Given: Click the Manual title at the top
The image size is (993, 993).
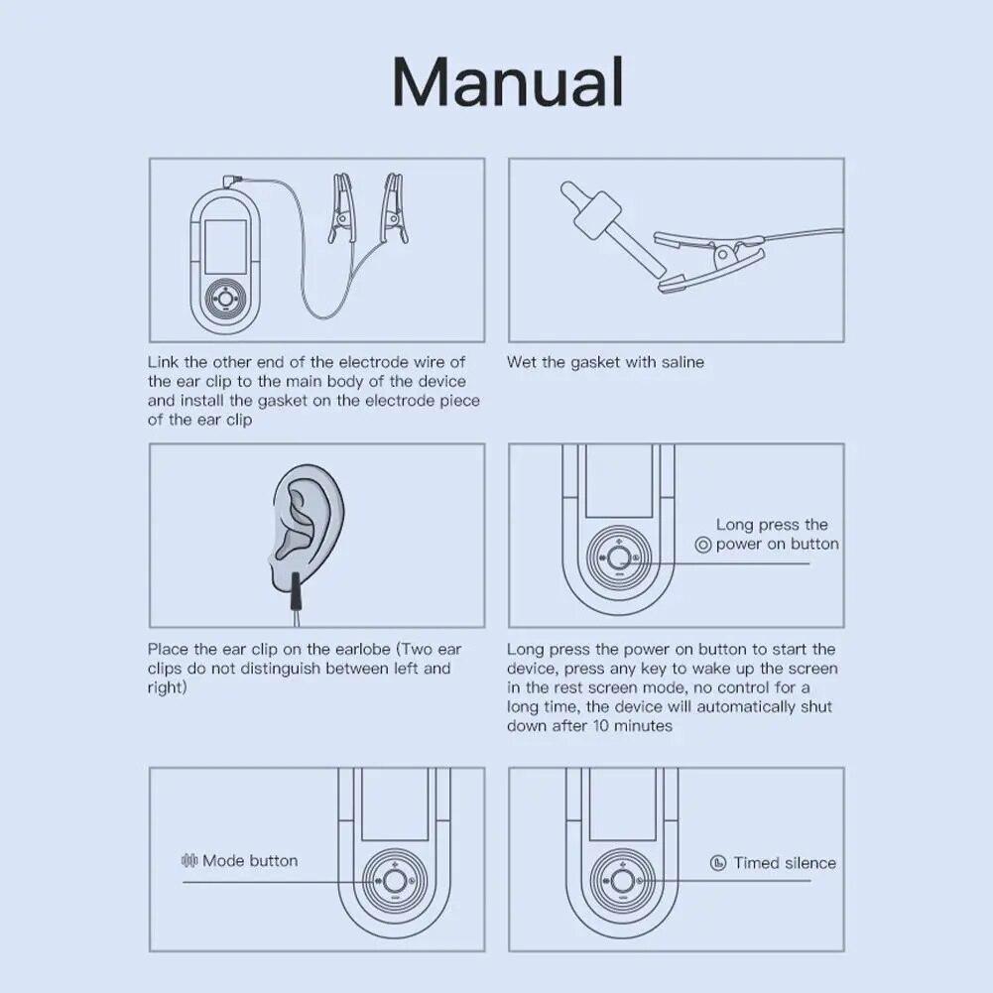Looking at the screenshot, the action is click(508, 82).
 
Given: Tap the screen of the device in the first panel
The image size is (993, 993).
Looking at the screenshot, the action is click(225, 247).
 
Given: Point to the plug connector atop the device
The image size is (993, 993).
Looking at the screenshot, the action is click(233, 182).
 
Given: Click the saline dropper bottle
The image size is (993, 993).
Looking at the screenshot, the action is click(612, 227).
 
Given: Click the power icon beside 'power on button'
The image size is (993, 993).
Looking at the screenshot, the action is click(703, 545).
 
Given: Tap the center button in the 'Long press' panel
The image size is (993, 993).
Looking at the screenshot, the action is click(619, 558).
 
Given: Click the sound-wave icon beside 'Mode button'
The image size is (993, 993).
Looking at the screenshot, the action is click(189, 860).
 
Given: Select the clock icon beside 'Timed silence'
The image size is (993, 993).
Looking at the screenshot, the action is click(718, 862).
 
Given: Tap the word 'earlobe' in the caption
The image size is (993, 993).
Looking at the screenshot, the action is click(361, 650).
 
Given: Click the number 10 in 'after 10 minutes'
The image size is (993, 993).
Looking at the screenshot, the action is click(600, 726).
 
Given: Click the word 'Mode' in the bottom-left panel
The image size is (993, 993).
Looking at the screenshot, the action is click(223, 861).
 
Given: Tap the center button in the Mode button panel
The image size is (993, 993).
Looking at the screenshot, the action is click(394, 881).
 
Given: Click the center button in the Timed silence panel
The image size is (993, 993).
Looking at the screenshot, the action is click(621, 881).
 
